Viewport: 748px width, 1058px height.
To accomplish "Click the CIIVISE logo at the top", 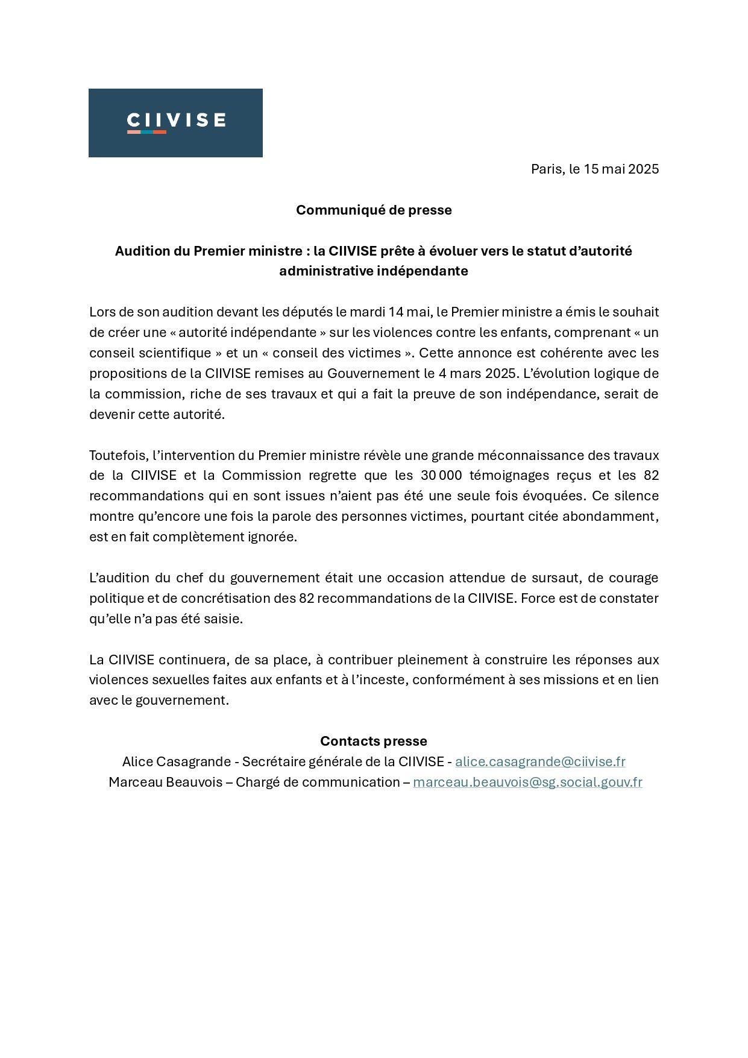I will (175, 122).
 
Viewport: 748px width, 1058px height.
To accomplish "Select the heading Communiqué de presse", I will (374, 210).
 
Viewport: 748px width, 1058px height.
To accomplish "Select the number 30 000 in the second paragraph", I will (441, 476).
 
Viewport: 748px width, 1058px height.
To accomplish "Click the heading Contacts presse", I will (374, 741).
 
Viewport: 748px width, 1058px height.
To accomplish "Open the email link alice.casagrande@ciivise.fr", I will (540, 762).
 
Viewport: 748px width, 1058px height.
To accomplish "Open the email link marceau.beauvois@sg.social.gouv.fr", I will (527, 782).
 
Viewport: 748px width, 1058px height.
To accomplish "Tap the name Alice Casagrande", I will (168, 762).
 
